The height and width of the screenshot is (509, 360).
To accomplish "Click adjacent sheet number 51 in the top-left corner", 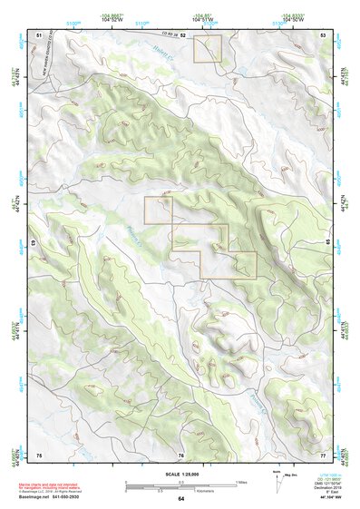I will pos(38,34).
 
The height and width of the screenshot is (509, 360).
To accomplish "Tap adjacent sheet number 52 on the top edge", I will pos(182,34).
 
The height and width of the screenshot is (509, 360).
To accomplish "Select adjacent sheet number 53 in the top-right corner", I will pos(324,34).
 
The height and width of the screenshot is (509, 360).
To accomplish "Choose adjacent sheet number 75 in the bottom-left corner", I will pos(38,453).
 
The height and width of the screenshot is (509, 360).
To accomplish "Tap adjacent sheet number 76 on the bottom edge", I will pos(181,453).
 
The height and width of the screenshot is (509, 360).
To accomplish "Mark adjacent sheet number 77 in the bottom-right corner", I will pos(324,453).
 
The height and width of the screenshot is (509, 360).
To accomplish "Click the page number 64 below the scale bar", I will pos(180,498).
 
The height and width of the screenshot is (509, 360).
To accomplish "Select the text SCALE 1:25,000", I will pos(180,475).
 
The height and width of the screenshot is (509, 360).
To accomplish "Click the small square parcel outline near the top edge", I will pos(207,49).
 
